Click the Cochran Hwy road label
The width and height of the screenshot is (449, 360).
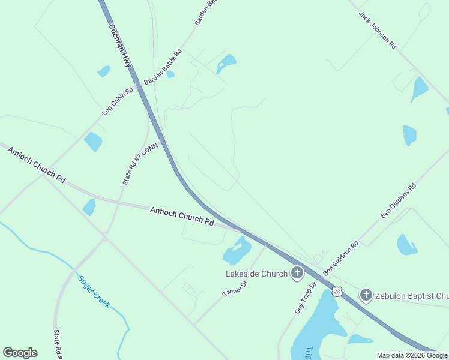point(119,45)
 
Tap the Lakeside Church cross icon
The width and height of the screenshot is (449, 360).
point(297,274)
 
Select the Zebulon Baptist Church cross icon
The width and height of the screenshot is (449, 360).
point(366,295)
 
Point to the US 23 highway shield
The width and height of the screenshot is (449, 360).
point(337,292)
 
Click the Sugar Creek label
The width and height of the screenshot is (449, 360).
point(94,292)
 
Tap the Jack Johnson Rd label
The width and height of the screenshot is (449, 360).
point(378,29)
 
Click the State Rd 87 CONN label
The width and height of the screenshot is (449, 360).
point(136,164)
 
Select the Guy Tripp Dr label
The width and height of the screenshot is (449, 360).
point(304,298)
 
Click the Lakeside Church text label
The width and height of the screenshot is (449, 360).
point(256,274)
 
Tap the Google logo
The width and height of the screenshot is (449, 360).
point(20,353)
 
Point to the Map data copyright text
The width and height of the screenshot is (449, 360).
point(412,355)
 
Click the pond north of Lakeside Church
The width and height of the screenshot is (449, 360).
point(237,252)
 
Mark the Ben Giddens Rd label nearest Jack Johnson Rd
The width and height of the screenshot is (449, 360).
point(399,201)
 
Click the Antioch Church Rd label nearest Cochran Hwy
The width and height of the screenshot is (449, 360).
point(182,216)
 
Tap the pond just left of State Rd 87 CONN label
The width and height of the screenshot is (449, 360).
point(93,142)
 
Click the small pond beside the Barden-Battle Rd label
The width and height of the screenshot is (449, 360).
point(170,74)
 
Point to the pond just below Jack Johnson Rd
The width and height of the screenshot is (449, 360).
point(419,88)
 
